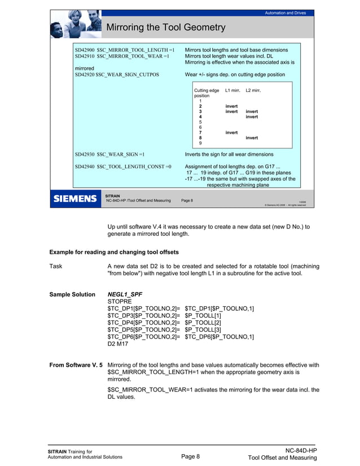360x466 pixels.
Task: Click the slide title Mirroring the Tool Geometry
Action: coord(166,27)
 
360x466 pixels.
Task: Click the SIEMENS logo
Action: coord(74,199)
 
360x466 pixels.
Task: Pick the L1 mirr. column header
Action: coord(232,90)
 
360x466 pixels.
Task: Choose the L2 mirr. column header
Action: coord(252,90)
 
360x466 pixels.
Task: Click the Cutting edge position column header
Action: coord(206,93)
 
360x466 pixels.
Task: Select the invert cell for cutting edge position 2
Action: coord(231,106)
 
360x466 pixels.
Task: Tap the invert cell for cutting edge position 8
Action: coord(252,138)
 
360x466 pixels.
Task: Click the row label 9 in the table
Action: coord(200,143)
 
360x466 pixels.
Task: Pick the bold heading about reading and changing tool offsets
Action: coord(126,251)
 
